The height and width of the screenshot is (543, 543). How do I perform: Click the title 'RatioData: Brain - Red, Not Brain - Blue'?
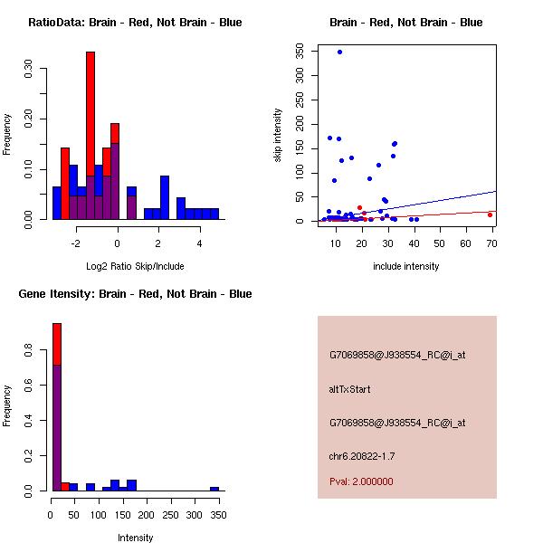pyautogui.click(x=135, y=23)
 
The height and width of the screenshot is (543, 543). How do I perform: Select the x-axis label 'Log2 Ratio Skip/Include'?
pyautogui.click(x=135, y=266)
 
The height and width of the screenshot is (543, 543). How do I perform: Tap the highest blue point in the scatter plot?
pyautogui.click(x=339, y=52)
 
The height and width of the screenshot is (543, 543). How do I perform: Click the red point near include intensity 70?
pyautogui.click(x=490, y=214)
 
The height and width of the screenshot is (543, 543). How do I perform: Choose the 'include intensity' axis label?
pyautogui.click(x=406, y=266)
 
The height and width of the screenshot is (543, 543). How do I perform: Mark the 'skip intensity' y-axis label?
pyautogui.click(x=279, y=136)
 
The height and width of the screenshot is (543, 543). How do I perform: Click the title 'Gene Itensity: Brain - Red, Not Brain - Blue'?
pyautogui.click(x=136, y=294)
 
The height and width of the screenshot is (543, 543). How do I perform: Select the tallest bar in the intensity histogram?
pyautogui.click(x=57, y=407)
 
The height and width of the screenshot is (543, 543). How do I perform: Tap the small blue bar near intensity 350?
pyautogui.click(x=214, y=489)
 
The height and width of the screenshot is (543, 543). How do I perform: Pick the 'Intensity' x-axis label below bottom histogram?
pyautogui.click(x=136, y=538)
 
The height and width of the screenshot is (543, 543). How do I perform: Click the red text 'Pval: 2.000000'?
pyautogui.click(x=361, y=481)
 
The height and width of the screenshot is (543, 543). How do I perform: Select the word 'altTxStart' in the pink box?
pyautogui.click(x=349, y=389)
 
